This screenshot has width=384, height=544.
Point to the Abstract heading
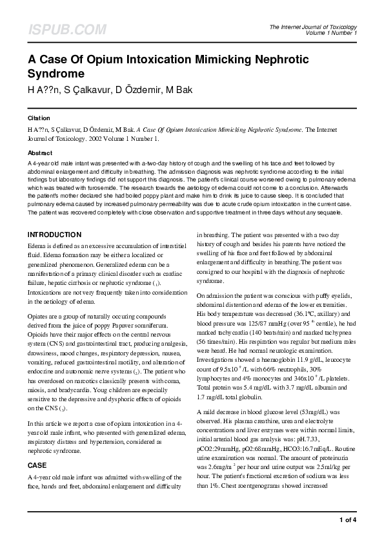40,152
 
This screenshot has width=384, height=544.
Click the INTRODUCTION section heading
55,235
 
